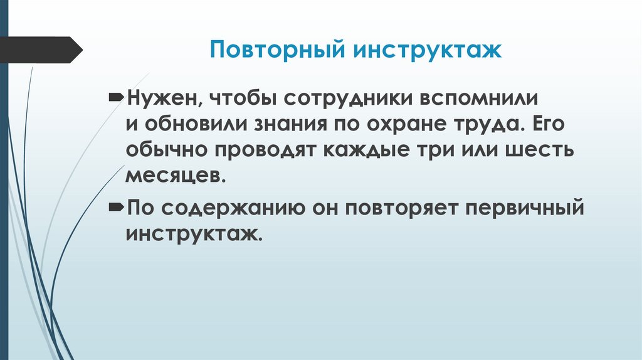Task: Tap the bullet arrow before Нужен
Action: point(117,98)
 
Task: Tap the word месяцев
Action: point(174,176)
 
